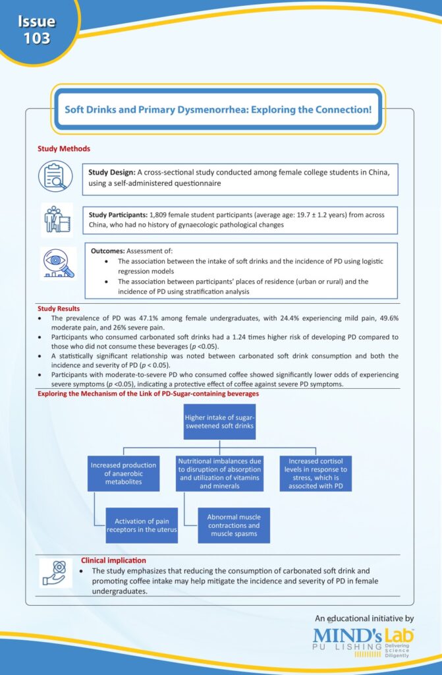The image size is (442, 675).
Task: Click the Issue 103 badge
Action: coord(36,30)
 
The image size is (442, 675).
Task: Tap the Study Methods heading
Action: coord(64,149)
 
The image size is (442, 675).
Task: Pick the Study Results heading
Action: coord(59,308)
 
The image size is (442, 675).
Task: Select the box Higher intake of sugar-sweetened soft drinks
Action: coord(220,421)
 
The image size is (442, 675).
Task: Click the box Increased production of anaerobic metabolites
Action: coord(124,473)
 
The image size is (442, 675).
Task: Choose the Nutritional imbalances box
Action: coord(220,473)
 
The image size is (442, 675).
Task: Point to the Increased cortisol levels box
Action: coord(316,473)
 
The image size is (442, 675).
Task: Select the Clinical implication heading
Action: coord(113,560)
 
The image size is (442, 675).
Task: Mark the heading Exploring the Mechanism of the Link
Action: coord(148,394)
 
